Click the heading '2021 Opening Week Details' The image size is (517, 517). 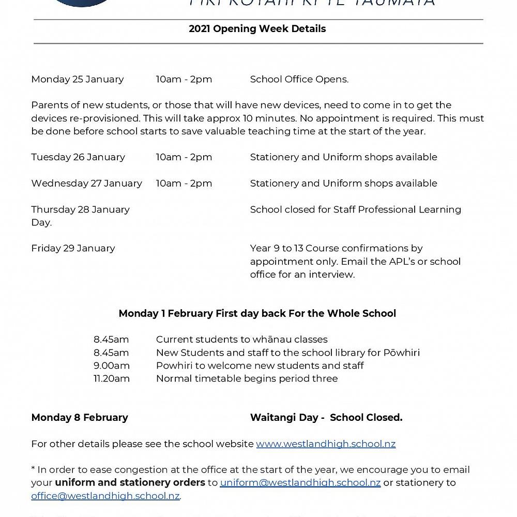[x=257, y=29]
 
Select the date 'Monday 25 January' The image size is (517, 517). [x=78, y=80]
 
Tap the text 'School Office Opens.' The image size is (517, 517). [x=299, y=80]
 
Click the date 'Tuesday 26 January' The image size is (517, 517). [x=78, y=157]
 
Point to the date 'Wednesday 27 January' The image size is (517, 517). [x=86, y=184]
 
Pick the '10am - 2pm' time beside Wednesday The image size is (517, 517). [x=184, y=184]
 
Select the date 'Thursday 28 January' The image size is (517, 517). [x=80, y=210]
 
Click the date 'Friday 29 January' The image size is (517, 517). [x=73, y=249]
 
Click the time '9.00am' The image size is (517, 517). [x=112, y=366]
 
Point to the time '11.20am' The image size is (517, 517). [x=112, y=379]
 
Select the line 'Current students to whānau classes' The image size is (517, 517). [x=241, y=340]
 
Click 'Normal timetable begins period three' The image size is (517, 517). [x=247, y=379]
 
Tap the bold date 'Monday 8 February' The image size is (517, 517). [x=80, y=418]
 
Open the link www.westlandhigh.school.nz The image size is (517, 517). [x=326, y=444]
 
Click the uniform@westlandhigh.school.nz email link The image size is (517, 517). [x=300, y=483]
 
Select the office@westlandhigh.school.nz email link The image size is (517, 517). [x=105, y=496]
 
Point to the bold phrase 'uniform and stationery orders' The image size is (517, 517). [x=130, y=483]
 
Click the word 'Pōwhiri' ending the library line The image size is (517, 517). [x=401, y=353]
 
